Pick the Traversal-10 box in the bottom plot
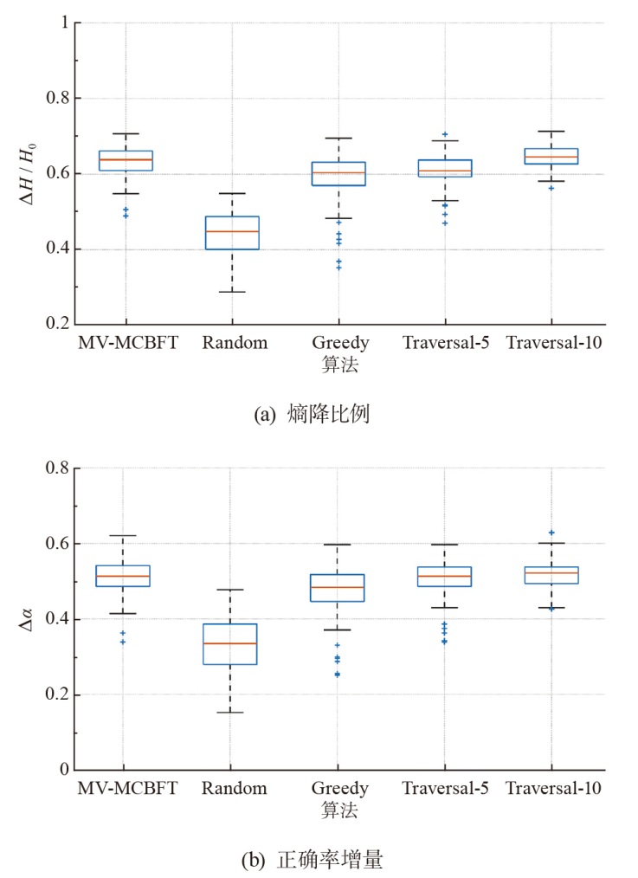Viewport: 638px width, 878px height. click(x=551, y=575)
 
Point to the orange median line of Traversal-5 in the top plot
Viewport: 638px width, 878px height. click(x=445, y=171)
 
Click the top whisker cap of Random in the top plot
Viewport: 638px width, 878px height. click(x=231, y=193)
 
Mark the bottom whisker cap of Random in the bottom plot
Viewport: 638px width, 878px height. click(x=231, y=712)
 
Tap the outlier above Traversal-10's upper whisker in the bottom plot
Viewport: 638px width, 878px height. click(x=551, y=533)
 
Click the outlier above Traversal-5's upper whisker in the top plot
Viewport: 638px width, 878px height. click(x=445, y=134)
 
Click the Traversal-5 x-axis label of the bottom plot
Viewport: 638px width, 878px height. click(x=445, y=789)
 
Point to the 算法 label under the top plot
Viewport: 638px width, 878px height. click(x=338, y=365)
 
